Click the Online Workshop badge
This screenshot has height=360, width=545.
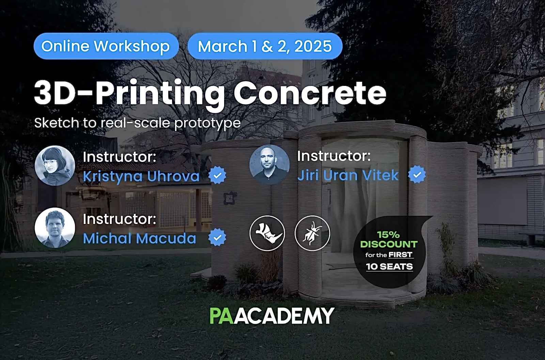106,46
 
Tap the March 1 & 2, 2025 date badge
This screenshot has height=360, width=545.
265,46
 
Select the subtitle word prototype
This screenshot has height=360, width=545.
207,123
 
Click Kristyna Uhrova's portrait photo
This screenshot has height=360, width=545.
55,166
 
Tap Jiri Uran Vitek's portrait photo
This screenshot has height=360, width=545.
269,165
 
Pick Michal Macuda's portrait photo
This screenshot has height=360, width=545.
55,228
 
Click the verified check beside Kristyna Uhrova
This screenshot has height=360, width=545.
217,175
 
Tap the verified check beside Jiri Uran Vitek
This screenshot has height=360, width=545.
417,175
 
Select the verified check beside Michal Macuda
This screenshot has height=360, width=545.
217,237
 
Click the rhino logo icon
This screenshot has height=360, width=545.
267,233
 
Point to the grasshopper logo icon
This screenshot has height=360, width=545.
312,233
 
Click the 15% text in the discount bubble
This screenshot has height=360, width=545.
388,235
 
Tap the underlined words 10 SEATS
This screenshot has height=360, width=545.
390,267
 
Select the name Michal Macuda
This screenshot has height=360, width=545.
140,238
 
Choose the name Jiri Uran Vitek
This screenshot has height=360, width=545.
348,175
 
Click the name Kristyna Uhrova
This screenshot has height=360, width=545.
141,176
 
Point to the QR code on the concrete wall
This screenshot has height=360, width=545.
230,198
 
